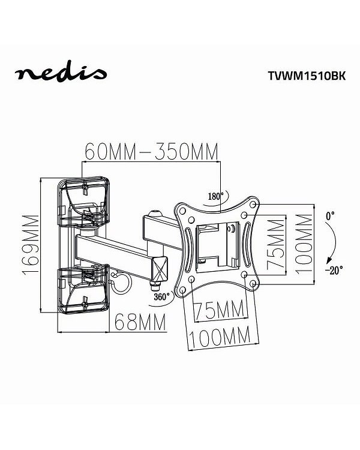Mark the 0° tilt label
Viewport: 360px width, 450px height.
click(x=329, y=214)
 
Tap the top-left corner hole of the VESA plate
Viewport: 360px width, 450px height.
click(x=182, y=208)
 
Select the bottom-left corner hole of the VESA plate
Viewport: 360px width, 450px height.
click(x=190, y=279)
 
